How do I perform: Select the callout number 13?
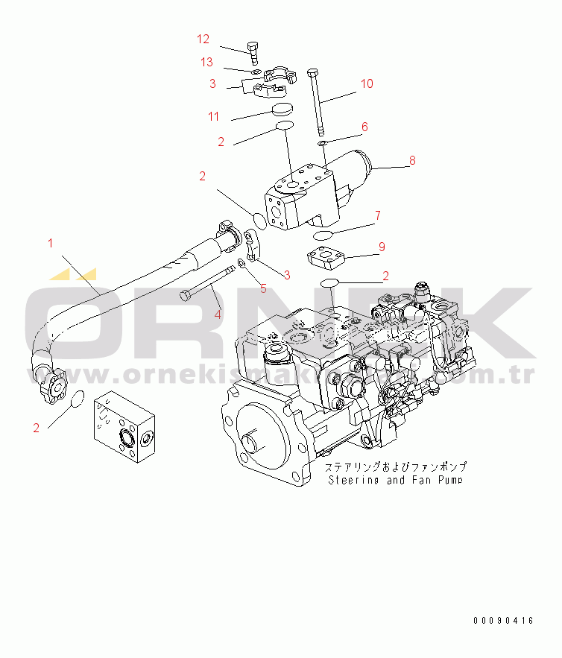[206, 61]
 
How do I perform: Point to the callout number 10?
[366, 83]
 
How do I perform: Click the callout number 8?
[411, 160]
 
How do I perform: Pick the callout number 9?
[381, 246]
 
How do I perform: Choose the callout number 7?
[378, 216]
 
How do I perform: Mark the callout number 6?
[364, 127]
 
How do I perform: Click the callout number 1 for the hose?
[51, 242]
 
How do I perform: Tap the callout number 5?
[262, 288]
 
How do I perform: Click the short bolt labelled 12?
[255, 53]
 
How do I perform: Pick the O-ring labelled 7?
[323, 235]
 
